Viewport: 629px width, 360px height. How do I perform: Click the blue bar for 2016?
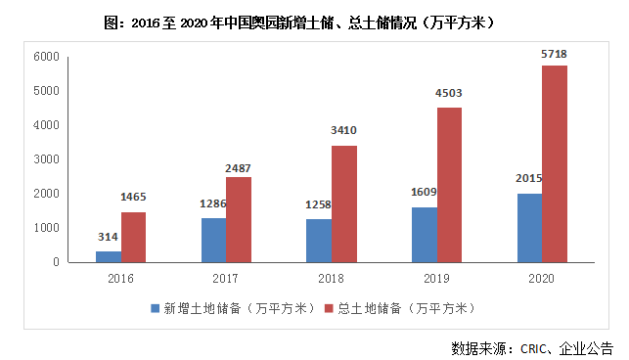click(109, 256)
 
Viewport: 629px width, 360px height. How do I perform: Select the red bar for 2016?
click(133, 237)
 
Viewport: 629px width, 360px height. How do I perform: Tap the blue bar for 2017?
click(213, 240)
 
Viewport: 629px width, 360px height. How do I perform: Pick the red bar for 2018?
click(343, 203)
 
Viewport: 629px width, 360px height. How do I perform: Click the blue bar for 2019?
click(425, 234)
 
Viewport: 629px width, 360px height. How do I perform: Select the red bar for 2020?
click(555, 163)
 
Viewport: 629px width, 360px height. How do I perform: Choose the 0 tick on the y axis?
click(59, 262)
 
